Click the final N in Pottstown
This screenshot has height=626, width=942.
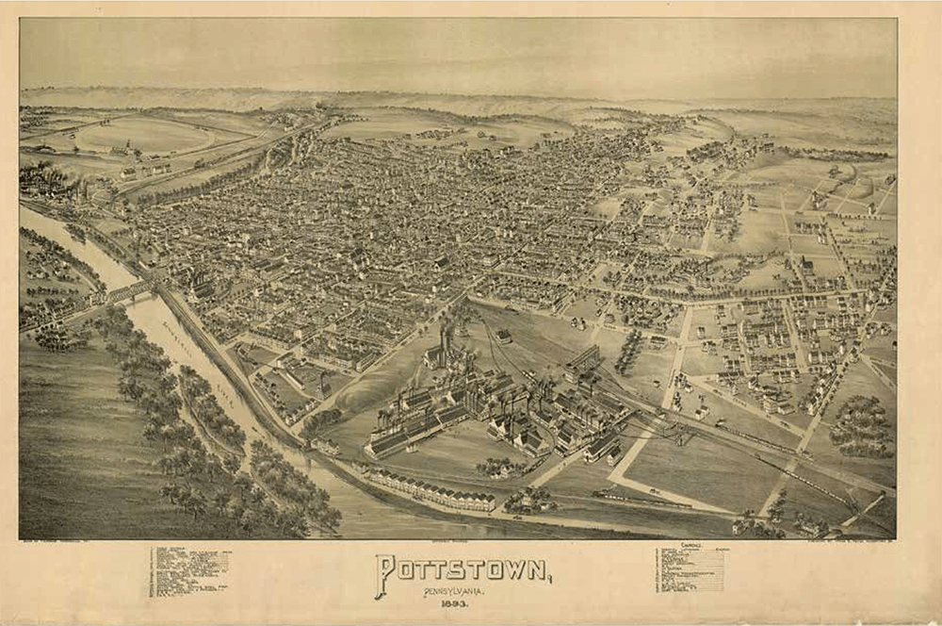(x=534, y=569)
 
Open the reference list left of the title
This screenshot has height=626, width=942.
(x=187, y=571)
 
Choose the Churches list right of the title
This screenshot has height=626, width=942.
(x=690, y=568)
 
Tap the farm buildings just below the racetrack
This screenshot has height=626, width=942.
(x=141, y=171)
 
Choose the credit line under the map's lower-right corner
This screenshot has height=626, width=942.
(x=829, y=542)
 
